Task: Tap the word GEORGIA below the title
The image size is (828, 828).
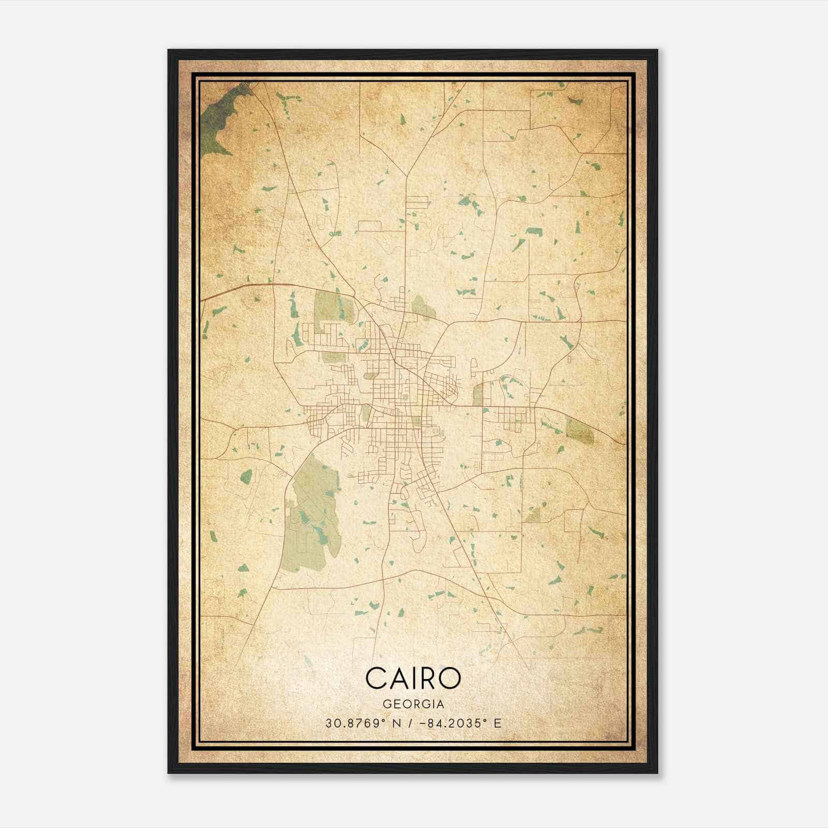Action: point(413,704)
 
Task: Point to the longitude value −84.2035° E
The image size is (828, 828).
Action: point(463,723)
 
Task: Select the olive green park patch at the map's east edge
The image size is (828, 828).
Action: point(580,432)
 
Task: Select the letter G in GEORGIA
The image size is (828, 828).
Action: point(386,704)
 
